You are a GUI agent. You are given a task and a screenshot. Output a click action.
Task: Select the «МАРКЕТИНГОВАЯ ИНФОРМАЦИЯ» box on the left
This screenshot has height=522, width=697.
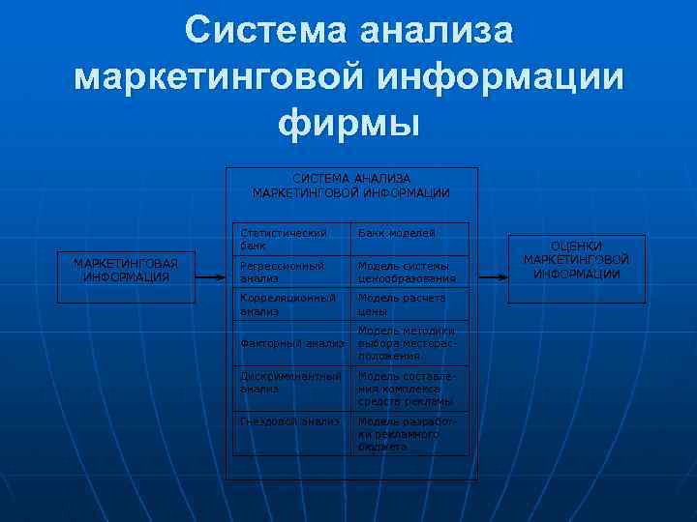pos(126,270)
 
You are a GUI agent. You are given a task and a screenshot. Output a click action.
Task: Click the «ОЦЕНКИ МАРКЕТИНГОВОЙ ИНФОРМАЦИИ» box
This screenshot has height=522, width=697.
pos(576,260)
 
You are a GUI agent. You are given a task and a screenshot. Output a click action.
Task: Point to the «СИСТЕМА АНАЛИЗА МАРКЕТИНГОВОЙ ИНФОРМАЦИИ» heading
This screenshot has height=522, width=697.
pos(351,186)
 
